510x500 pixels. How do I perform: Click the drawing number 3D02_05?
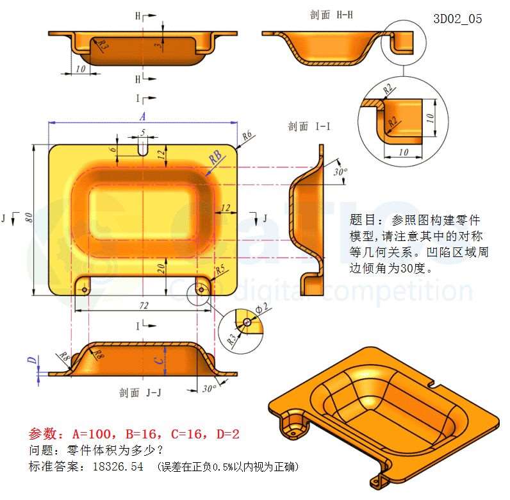[457, 19]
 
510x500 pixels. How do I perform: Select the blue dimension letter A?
[142, 116]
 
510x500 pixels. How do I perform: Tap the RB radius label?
[216, 158]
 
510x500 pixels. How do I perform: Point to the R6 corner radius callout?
[247, 135]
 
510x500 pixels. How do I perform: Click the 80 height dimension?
[29, 217]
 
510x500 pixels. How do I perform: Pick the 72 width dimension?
[144, 305]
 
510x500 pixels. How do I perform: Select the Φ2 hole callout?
[262, 308]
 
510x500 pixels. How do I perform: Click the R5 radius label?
[220, 269]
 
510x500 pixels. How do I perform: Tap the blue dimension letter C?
[160, 360]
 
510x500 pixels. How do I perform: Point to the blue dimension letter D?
[32, 360]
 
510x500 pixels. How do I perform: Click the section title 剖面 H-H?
[331, 15]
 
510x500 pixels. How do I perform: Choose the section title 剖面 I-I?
[309, 126]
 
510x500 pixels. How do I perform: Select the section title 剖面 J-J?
[140, 393]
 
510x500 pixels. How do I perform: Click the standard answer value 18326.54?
[118, 467]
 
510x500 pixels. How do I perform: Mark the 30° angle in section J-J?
[209, 388]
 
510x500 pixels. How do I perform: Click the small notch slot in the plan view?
[143, 150]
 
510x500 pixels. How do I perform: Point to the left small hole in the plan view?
[85, 289]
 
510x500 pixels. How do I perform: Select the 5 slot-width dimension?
[143, 132]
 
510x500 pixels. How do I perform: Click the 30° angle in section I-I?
[340, 172]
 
